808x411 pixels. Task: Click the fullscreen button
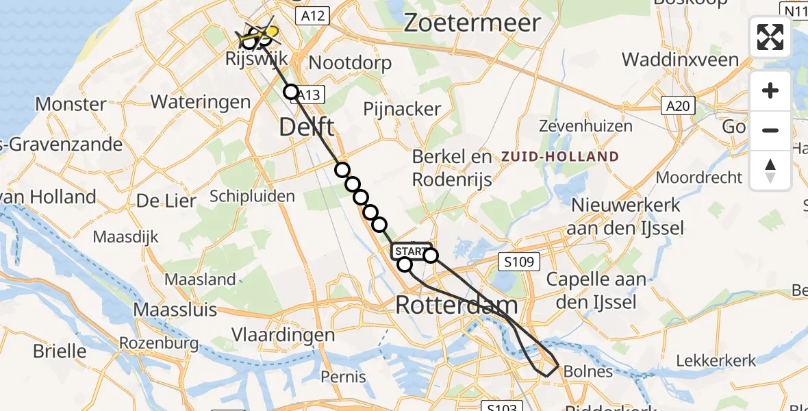pyautogui.click(x=770, y=36)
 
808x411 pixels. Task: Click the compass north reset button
pyautogui.click(x=770, y=171)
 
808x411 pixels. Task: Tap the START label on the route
pyautogui.click(x=412, y=251)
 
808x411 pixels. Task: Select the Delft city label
pyautogui.click(x=307, y=127)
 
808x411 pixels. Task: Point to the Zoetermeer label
pyautogui.click(x=472, y=23)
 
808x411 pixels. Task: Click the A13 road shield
pyautogui.click(x=309, y=95)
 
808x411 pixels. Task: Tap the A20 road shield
pyautogui.click(x=678, y=105)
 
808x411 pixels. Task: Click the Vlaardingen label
pyautogui.click(x=283, y=335)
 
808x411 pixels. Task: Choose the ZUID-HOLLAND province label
pyautogui.click(x=559, y=156)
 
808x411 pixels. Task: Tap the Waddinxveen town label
pyautogui.click(x=680, y=59)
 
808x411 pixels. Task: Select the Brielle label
pyautogui.click(x=60, y=351)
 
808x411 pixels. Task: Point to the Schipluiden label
pyautogui.click(x=253, y=197)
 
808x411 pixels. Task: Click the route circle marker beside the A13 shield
pyautogui.click(x=292, y=92)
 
